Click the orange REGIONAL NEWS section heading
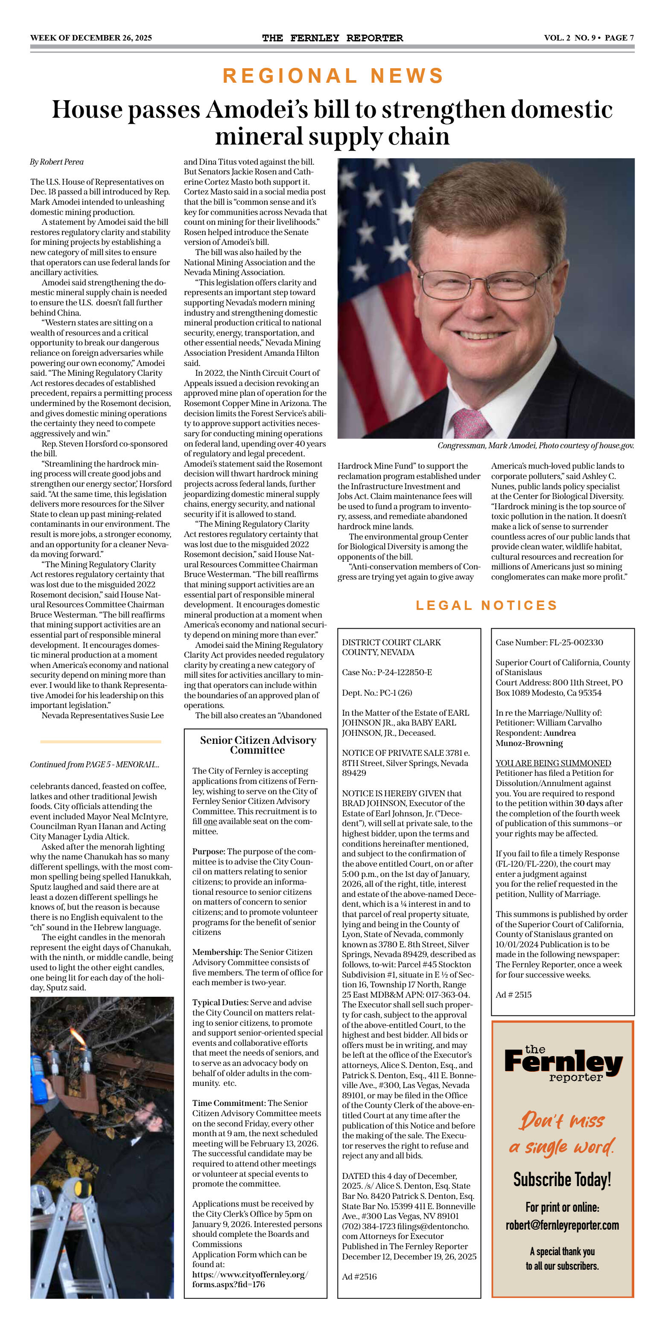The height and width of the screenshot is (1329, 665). [x=333, y=76]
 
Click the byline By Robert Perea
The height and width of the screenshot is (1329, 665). [x=57, y=162]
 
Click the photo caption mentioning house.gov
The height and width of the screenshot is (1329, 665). [x=535, y=446]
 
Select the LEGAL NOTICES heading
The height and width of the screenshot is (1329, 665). [x=486, y=605]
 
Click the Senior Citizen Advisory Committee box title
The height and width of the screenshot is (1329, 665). [x=258, y=745]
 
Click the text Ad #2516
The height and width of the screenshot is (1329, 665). [x=359, y=1277]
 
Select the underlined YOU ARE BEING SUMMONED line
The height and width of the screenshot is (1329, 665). [x=553, y=763]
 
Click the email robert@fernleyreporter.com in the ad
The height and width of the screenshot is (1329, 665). [x=562, y=1225]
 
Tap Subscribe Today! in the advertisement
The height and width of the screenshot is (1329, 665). [x=562, y=1179]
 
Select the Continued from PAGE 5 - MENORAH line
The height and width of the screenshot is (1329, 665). [x=94, y=765]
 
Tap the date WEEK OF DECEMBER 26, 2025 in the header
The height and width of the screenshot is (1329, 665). [x=91, y=38]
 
